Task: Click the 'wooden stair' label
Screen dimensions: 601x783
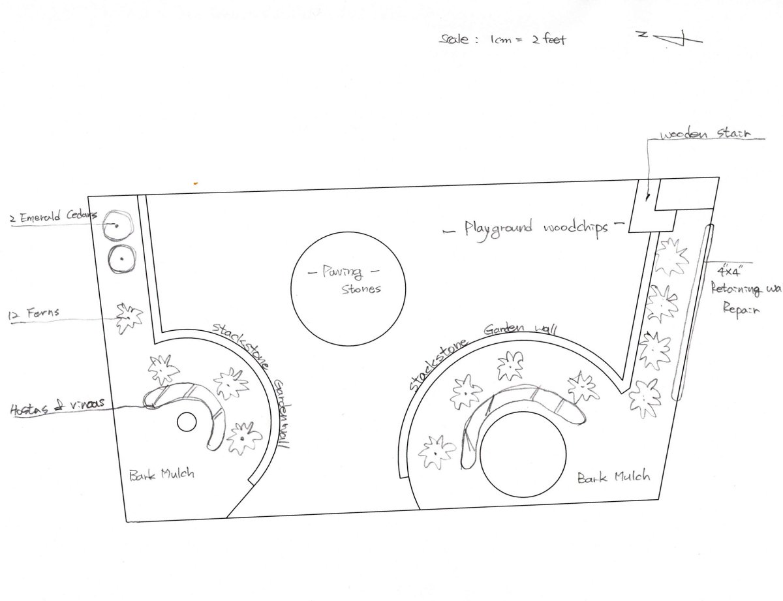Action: (705, 135)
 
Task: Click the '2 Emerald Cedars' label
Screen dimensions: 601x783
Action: (52, 218)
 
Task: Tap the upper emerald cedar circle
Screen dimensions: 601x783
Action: (118, 226)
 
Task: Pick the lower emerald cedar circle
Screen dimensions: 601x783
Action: (121, 259)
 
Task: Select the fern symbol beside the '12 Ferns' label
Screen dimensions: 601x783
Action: (129, 318)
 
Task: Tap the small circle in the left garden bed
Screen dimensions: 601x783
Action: (187, 422)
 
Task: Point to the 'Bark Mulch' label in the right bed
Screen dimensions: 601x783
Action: (614, 477)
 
